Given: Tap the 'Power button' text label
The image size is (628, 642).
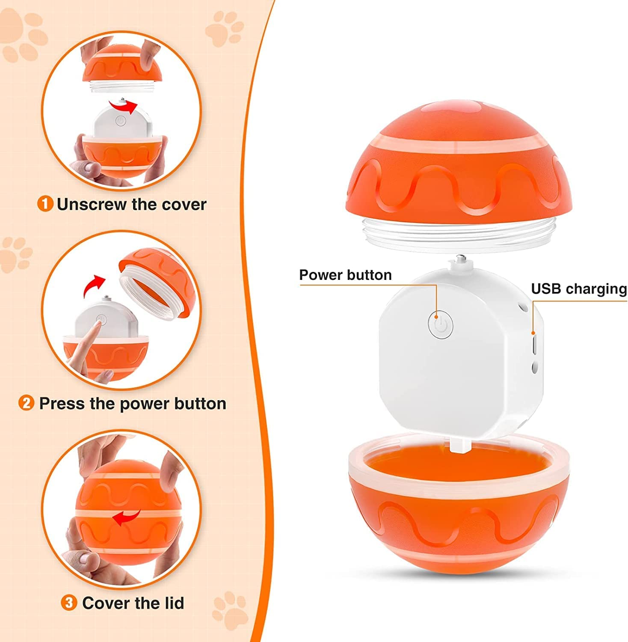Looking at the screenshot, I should pos(345,275).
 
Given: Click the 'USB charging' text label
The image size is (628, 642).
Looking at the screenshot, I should pos(579,289).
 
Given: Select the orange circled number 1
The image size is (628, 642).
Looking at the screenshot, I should pos(45,204).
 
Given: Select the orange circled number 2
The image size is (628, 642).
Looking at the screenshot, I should pos(27,403).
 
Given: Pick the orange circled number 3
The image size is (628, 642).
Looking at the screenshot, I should pos(69,603).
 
